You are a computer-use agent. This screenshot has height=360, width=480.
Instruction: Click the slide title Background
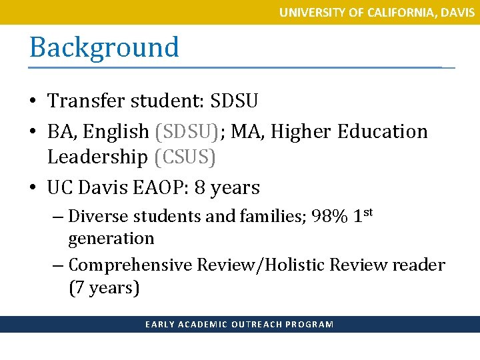[x=104, y=48]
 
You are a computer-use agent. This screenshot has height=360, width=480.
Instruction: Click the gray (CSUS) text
[x=185, y=157]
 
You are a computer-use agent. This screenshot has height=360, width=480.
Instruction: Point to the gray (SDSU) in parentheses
[x=186, y=131]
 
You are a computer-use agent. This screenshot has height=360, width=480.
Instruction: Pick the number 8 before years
[x=199, y=188]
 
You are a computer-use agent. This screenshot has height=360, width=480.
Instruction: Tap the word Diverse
[x=97, y=216]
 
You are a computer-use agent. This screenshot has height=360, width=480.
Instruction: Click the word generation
[x=111, y=238]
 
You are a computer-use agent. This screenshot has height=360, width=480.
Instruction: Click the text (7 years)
[x=104, y=288]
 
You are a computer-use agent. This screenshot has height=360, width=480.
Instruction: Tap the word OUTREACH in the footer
[x=256, y=325]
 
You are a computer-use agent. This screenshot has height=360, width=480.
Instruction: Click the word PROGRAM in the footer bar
[x=309, y=325]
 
